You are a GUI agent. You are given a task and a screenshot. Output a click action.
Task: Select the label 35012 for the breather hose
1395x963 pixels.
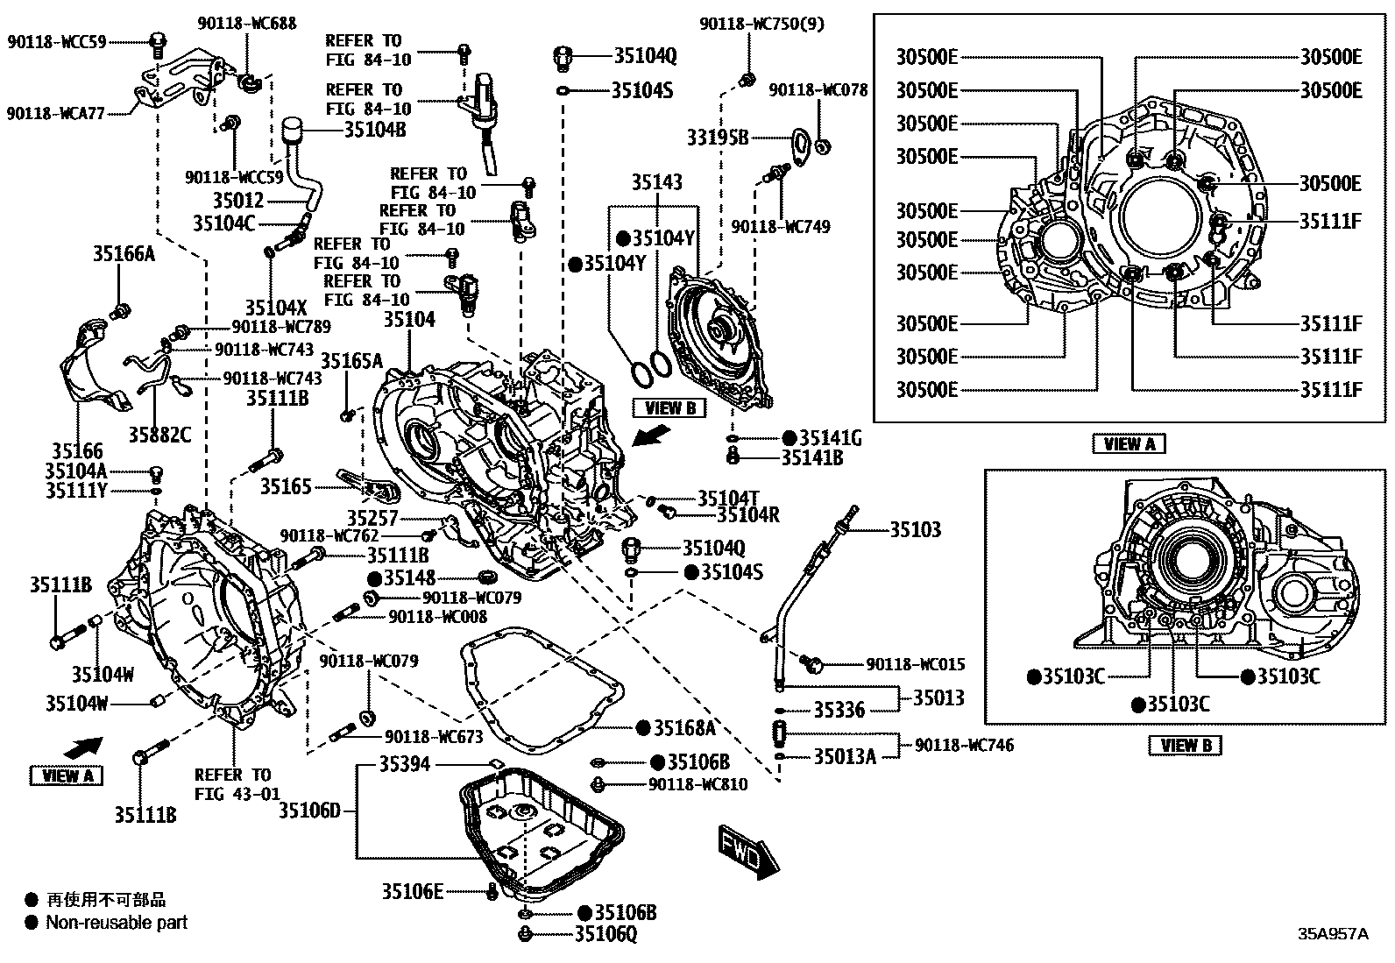pyautogui.click(x=237, y=202)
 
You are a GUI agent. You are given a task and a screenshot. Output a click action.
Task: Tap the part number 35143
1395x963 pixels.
pyautogui.click(x=657, y=182)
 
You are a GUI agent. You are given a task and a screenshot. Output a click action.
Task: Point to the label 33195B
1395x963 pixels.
pyautogui.click(x=718, y=138)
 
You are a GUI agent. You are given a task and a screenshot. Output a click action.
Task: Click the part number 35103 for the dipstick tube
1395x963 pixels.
pyautogui.click(x=916, y=529)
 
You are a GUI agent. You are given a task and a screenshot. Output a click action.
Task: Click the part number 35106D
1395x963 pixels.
pyautogui.click(x=309, y=811)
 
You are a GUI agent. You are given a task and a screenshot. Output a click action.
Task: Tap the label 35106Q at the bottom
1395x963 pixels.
pyautogui.click(x=605, y=934)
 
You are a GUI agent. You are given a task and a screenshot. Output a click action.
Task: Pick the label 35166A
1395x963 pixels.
pyautogui.click(x=124, y=254)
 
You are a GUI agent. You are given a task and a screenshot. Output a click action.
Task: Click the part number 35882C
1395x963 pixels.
pyautogui.click(x=159, y=434)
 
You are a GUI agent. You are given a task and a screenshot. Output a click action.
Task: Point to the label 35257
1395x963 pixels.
pyautogui.click(x=372, y=519)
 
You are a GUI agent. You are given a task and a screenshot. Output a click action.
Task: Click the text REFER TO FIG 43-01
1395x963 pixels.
pyautogui.click(x=232, y=784)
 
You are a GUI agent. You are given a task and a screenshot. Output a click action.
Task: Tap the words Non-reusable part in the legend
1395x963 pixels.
pyautogui.click(x=117, y=922)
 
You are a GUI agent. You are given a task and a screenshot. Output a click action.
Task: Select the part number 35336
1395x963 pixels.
pyautogui.click(x=839, y=710)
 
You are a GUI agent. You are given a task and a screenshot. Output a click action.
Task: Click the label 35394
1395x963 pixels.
pyautogui.click(x=405, y=765)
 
